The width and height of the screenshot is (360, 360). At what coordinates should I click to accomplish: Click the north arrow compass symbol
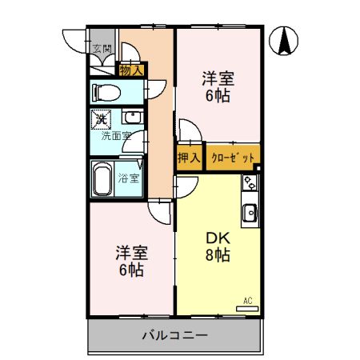[x=285, y=42]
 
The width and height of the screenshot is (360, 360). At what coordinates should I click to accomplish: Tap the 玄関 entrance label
[x=102, y=49]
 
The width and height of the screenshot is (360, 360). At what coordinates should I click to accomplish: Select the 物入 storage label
[x=130, y=70]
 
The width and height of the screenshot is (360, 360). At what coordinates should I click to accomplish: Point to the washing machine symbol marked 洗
[x=102, y=120]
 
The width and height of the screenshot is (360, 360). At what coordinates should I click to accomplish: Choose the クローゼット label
[x=234, y=157]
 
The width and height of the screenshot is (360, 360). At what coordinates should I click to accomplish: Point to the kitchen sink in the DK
[x=250, y=214]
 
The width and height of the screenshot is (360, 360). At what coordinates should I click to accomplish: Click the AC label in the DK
[x=248, y=300]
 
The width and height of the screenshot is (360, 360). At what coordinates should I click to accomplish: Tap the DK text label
[x=218, y=238]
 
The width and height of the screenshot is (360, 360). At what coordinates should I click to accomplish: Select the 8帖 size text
[x=218, y=256]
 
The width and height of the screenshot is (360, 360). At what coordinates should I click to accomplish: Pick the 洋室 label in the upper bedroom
[x=217, y=78]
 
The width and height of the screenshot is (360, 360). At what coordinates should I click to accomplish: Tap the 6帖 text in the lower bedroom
[x=131, y=270]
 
